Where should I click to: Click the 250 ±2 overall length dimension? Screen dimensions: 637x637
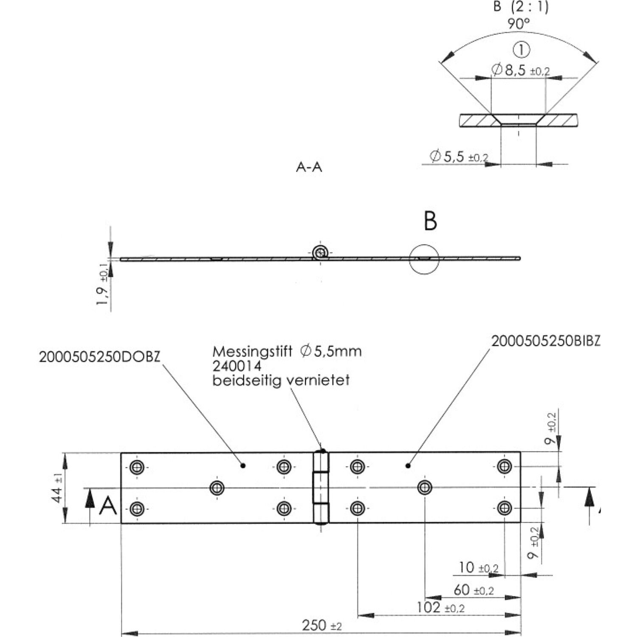pyautogui.click(x=321, y=625)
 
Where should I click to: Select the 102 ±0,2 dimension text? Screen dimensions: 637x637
pyautogui.click(x=440, y=607)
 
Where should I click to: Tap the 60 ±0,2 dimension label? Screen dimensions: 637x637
pyautogui.click(x=474, y=589)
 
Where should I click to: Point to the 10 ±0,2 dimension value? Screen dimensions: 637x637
pyautogui.click(x=479, y=567)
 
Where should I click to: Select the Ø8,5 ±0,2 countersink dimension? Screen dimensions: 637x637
pyautogui.click(x=521, y=70)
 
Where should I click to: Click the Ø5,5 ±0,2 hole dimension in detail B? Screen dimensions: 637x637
pyautogui.click(x=459, y=157)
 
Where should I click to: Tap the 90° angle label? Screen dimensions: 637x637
pyautogui.click(x=519, y=24)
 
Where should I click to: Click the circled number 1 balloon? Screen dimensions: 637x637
pyautogui.click(x=521, y=50)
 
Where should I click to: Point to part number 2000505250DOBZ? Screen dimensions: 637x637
pyautogui.click(x=100, y=357)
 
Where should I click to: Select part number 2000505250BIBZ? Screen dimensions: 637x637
pyautogui.click(x=546, y=341)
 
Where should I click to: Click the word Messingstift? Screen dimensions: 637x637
pyautogui.click(x=252, y=352)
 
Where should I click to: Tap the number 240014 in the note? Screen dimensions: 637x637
pyautogui.click(x=237, y=366)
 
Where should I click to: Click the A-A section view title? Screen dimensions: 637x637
pyautogui.click(x=309, y=167)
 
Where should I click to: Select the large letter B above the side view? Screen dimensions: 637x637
pyautogui.click(x=431, y=221)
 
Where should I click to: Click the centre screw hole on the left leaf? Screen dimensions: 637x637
pyautogui.click(x=217, y=488)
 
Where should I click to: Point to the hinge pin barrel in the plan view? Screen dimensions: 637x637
pyautogui.click(x=321, y=488)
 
